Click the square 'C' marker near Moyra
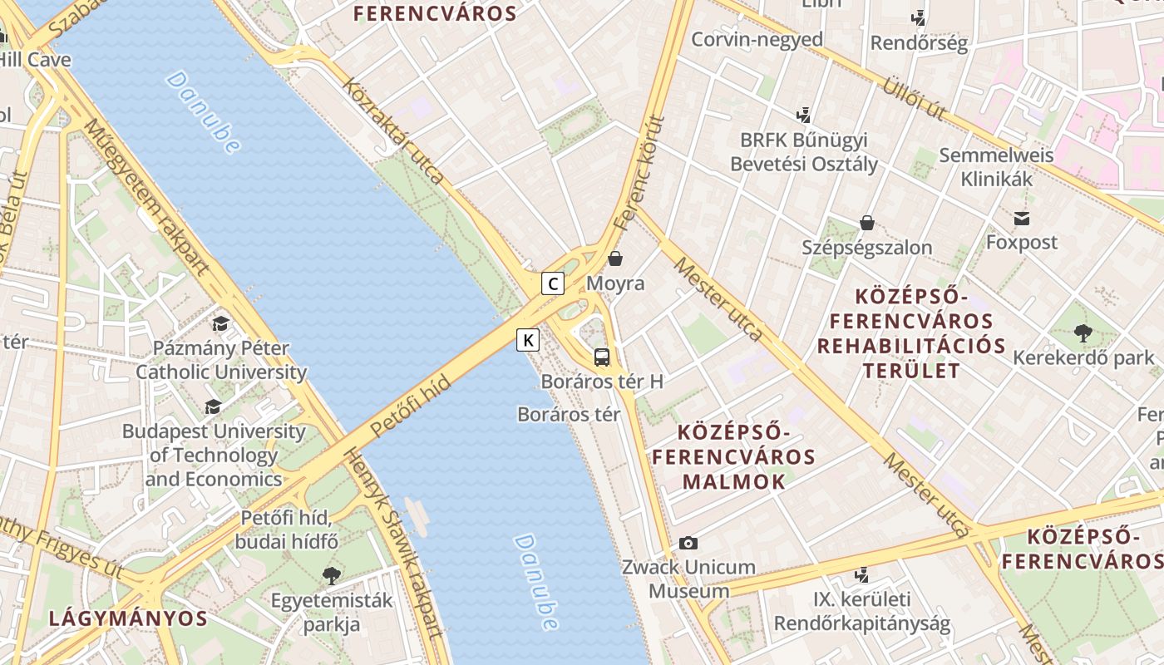pyautogui.click(x=553, y=283)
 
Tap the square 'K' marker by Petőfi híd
pyautogui.click(x=528, y=339)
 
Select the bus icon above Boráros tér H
pyautogui.click(x=602, y=358)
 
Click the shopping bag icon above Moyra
pyautogui.click(x=615, y=259)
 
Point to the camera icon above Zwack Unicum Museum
pyautogui.click(x=688, y=543)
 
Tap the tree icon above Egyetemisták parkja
pyautogui.click(x=332, y=575)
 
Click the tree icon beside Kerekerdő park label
pyautogui.click(x=1083, y=333)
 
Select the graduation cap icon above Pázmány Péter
pyautogui.click(x=220, y=323)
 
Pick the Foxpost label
pyautogui.click(x=1021, y=242)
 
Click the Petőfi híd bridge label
pyautogui.click(x=411, y=406)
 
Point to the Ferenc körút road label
pyautogui.click(x=640, y=174)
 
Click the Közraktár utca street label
pyautogui.click(x=392, y=131)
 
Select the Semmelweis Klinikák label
pyautogui.click(x=996, y=166)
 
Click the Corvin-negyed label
pyautogui.click(x=757, y=39)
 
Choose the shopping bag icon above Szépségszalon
pyautogui.click(x=867, y=223)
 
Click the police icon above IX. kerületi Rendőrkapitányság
pyautogui.click(x=862, y=574)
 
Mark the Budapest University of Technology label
pyautogui.click(x=214, y=455)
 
